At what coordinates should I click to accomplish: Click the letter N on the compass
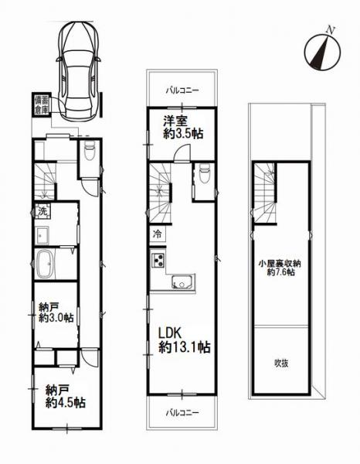pyautogui.click(x=331, y=29)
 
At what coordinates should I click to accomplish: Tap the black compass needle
pyautogui.click(x=321, y=51)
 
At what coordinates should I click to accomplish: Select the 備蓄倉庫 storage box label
pyautogui.click(x=42, y=105)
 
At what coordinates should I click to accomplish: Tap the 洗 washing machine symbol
pyautogui.click(x=42, y=211)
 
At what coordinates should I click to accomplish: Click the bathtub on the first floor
pyautogui.click(x=46, y=264)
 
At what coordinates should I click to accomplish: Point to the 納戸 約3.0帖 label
pyautogui.click(x=56, y=312)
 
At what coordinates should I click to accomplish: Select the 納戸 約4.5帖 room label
pyautogui.click(x=66, y=397)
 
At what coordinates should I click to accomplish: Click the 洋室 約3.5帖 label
pyautogui.click(x=183, y=128)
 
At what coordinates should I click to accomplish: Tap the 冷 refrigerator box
pyautogui.click(x=158, y=234)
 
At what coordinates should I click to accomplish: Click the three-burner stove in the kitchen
pyautogui.click(x=158, y=260)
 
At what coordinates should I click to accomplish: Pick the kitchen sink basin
pyautogui.click(x=183, y=281)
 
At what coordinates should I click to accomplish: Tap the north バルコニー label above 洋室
pyautogui.click(x=182, y=90)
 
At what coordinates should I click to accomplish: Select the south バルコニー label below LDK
pyautogui.click(x=182, y=412)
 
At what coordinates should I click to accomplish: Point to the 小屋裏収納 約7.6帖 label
pyautogui.click(x=280, y=268)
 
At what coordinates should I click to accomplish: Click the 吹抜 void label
pyautogui.click(x=281, y=363)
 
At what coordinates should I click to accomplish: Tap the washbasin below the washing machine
pyautogui.click(x=42, y=235)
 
